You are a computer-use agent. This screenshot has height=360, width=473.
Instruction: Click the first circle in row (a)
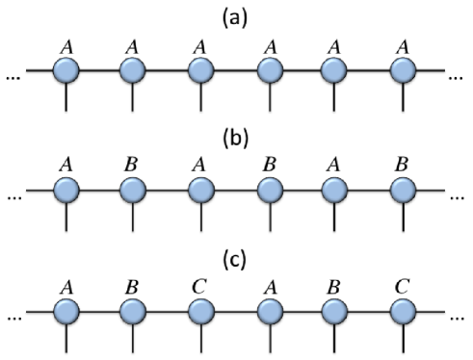(66, 70)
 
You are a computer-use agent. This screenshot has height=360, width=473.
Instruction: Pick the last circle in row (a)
(404, 70)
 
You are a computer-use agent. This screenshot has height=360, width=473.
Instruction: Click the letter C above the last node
(404, 286)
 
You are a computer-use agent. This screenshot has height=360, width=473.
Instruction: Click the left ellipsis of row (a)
(13, 75)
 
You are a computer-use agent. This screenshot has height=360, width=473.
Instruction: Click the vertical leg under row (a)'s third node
(200, 98)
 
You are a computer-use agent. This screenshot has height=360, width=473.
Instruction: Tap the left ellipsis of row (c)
(13, 320)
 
